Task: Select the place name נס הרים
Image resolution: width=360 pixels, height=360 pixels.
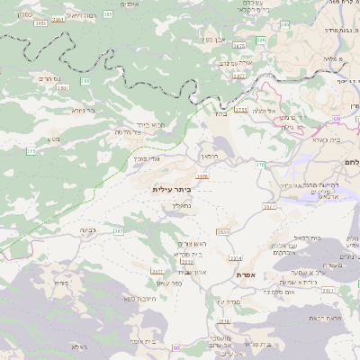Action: [x=52, y=79]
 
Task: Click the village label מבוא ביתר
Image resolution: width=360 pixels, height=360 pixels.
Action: [x=157, y=124]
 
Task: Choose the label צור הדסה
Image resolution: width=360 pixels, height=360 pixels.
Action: [x=130, y=132]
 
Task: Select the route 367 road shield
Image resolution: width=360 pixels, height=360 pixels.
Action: [x=118, y=231]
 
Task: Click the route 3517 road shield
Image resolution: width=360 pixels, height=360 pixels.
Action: [x=268, y=207]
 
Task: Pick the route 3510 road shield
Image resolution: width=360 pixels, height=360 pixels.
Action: [x=221, y=232]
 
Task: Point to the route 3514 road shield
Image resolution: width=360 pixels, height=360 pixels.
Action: [x=235, y=257]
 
